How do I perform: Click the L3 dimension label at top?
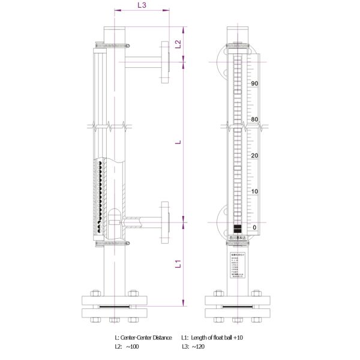coord(142,5)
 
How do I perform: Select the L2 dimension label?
coord(178,43)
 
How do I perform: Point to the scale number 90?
coord(254,83)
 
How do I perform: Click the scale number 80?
coord(254,119)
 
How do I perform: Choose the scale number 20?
coord(254,156)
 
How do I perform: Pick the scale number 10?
coord(254,192)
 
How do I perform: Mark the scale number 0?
coord(254,227)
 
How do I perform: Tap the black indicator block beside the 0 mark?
coord(238,229)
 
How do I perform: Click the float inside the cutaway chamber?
coord(115,218)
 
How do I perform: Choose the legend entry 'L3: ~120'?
coord(193,347)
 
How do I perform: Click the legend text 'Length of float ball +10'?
coord(217,338)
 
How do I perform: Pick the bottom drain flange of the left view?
coord(112,305)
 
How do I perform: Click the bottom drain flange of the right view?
coord(238,305)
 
